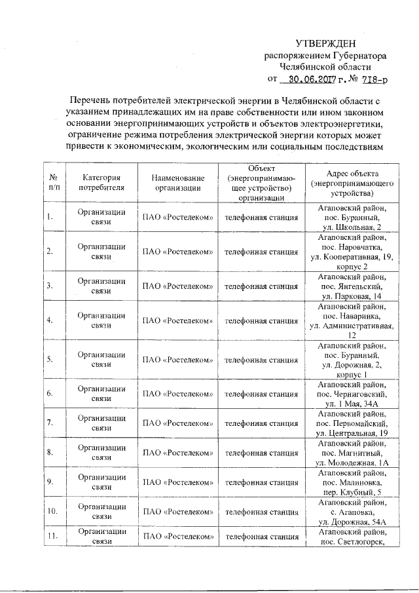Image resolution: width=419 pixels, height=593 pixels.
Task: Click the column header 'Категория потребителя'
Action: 101,182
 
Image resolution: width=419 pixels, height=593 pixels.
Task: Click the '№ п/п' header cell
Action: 53,182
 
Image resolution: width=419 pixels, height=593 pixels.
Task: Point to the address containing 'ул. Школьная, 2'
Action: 352,216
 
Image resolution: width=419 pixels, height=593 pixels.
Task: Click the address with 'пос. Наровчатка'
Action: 352,251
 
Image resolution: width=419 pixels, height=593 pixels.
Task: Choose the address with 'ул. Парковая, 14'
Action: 352,286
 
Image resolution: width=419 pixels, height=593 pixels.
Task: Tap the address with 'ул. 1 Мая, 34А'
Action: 352,394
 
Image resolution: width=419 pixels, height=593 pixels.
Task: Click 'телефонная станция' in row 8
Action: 262,452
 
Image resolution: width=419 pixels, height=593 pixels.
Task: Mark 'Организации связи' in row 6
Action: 101,394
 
